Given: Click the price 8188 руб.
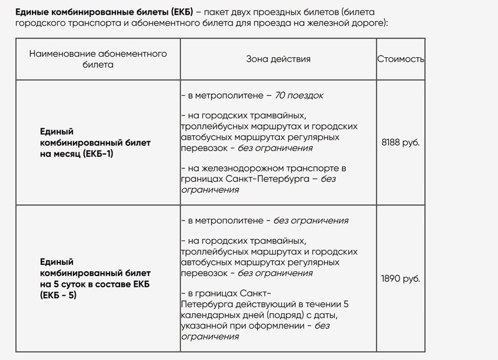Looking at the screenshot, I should (400, 142).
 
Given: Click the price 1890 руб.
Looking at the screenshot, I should (400, 278).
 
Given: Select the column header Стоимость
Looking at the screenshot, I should (401, 59).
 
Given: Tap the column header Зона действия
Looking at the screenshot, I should (278, 59).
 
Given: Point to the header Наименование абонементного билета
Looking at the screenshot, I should (98, 59).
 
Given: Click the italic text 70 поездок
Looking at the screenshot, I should (299, 95).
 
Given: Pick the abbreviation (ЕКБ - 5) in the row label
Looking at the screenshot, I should (58, 295).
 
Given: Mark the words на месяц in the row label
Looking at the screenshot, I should (61, 153).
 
